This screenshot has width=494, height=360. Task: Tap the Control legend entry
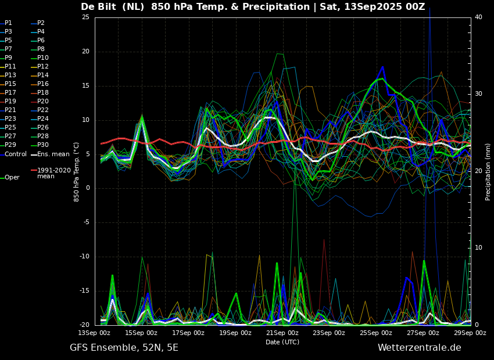(x=13, y=154)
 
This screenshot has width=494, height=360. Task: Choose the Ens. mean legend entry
(x=50, y=154)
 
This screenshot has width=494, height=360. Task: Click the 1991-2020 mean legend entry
(x=51, y=173)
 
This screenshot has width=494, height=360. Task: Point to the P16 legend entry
(x=40, y=84)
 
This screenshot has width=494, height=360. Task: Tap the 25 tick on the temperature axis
(x=85, y=17)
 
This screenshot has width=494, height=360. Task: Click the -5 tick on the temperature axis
(x=86, y=222)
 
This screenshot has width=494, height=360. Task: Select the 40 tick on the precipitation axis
(x=478, y=17)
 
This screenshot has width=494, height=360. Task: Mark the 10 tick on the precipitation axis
(x=478, y=248)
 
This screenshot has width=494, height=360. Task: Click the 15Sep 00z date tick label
(x=141, y=333)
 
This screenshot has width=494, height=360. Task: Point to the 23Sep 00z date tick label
(x=329, y=333)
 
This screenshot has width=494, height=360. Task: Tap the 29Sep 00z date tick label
(x=470, y=333)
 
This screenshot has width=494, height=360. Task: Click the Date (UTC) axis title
(x=282, y=342)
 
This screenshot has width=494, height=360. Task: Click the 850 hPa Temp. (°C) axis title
(x=77, y=172)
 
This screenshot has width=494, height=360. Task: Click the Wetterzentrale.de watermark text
(x=420, y=348)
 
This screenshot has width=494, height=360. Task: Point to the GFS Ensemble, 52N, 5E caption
(x=124, y=348)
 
